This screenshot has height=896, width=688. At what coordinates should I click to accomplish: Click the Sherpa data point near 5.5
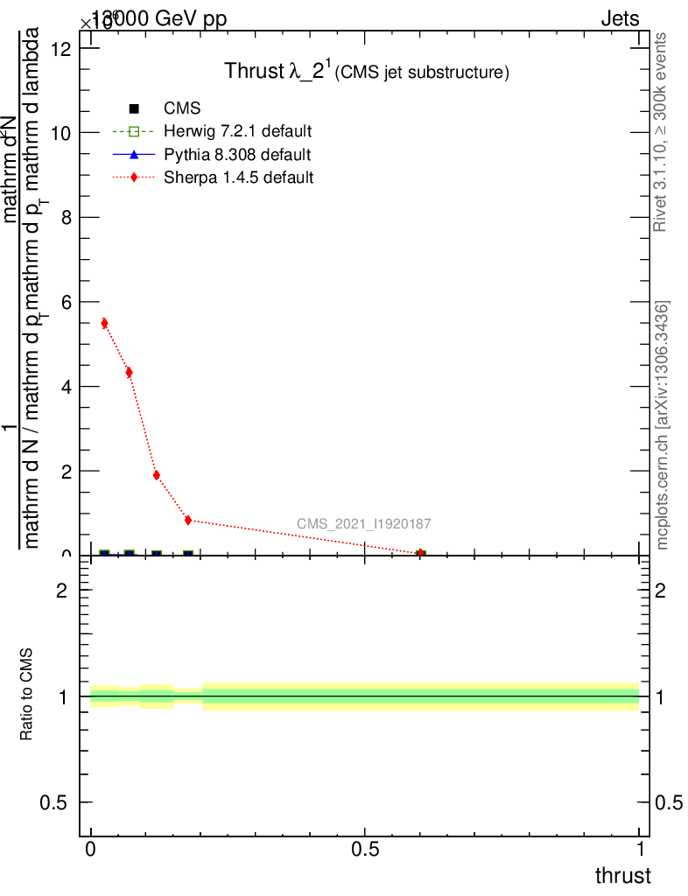[104, 323]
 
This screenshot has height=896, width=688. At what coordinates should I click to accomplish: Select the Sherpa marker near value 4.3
[129, 373]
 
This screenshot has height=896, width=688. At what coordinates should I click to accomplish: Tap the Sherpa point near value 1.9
[156, 475]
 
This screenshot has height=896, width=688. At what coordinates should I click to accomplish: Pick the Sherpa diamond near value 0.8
[188, 520]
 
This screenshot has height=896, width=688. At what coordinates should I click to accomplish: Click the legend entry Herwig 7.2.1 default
[237, 131]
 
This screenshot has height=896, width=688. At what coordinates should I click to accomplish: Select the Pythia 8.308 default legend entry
[236, 155]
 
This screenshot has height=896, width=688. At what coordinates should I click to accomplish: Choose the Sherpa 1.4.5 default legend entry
[238, 178]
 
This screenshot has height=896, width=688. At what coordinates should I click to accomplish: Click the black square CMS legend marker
[134, 108]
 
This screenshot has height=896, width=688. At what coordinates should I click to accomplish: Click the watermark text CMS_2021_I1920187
[363, 524]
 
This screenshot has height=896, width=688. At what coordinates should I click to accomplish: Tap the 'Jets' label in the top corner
[619, 19]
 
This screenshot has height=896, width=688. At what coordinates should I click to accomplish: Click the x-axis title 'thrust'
[622, 876]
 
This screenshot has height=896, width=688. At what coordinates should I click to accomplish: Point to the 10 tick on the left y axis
[63, 133]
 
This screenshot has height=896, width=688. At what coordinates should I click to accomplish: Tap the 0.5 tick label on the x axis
[365, 850]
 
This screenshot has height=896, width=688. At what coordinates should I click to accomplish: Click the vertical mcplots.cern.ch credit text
[663, 426]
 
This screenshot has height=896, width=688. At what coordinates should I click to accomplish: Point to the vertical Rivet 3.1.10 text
[662, 133]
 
